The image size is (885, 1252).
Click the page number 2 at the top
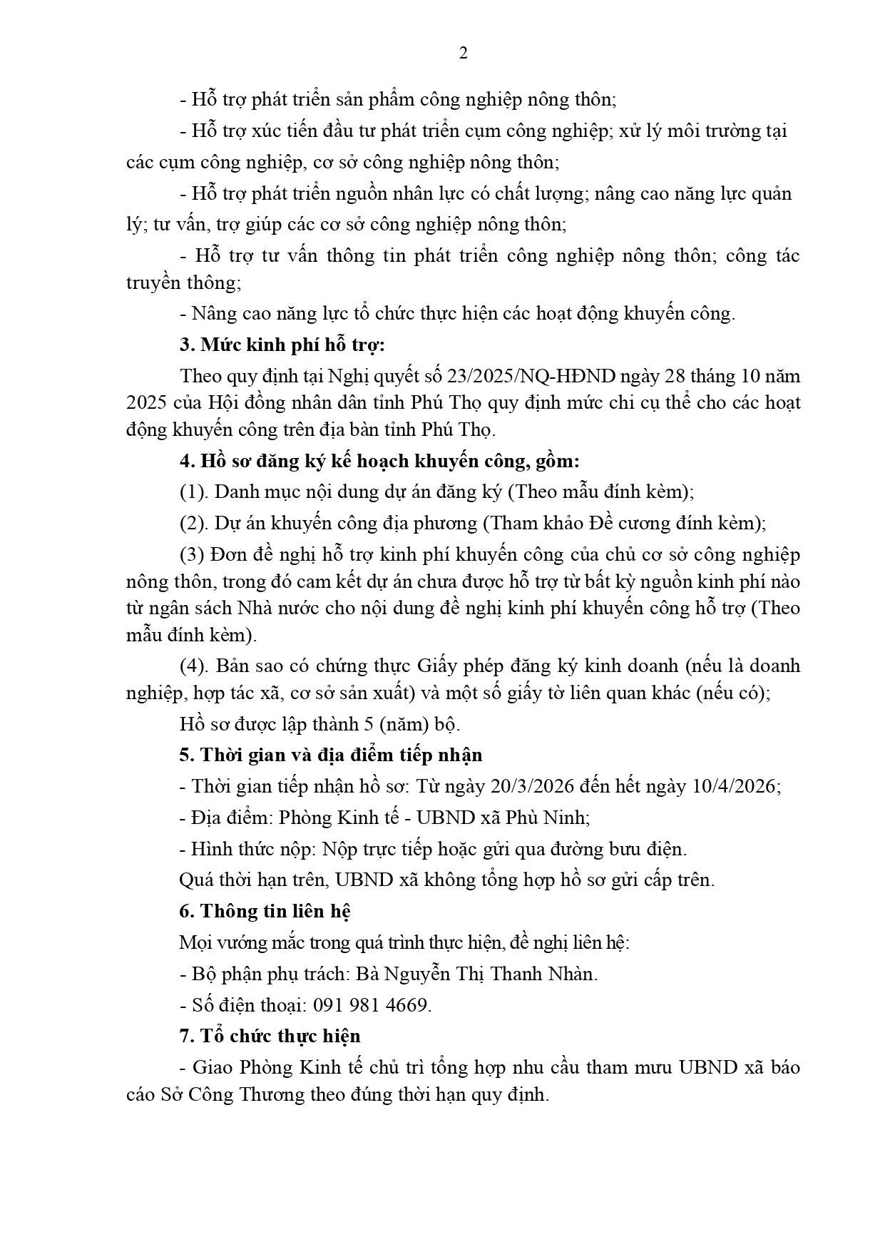(463, 54)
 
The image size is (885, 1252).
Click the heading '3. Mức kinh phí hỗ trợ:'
(282, 345)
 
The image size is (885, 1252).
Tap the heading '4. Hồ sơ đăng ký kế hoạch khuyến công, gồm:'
(379, 461)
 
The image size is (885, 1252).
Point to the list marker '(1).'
(193, 492)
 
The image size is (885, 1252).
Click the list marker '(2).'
(193, 523)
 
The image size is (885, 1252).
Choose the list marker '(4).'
(193, 666)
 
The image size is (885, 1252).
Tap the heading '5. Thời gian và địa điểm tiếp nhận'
(331, 755)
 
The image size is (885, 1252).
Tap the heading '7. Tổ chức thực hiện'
(270, 1036)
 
